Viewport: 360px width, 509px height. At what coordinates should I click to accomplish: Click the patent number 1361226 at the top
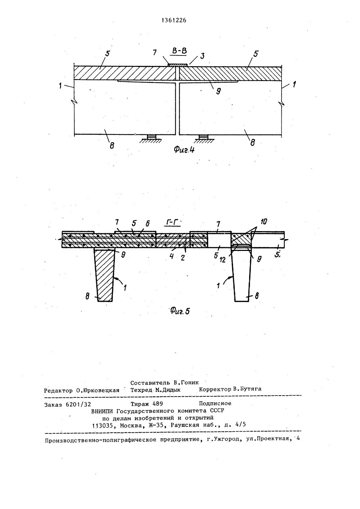click(x=174, y=21)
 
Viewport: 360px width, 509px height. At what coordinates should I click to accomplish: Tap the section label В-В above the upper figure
click(x=179, y=51)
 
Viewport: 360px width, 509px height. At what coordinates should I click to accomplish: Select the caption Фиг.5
click(x=179, y=311)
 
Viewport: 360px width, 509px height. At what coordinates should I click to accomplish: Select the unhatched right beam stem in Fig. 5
click(x=242, y=275)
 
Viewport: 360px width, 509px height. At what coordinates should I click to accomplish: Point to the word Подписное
click(x=215, y=404)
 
